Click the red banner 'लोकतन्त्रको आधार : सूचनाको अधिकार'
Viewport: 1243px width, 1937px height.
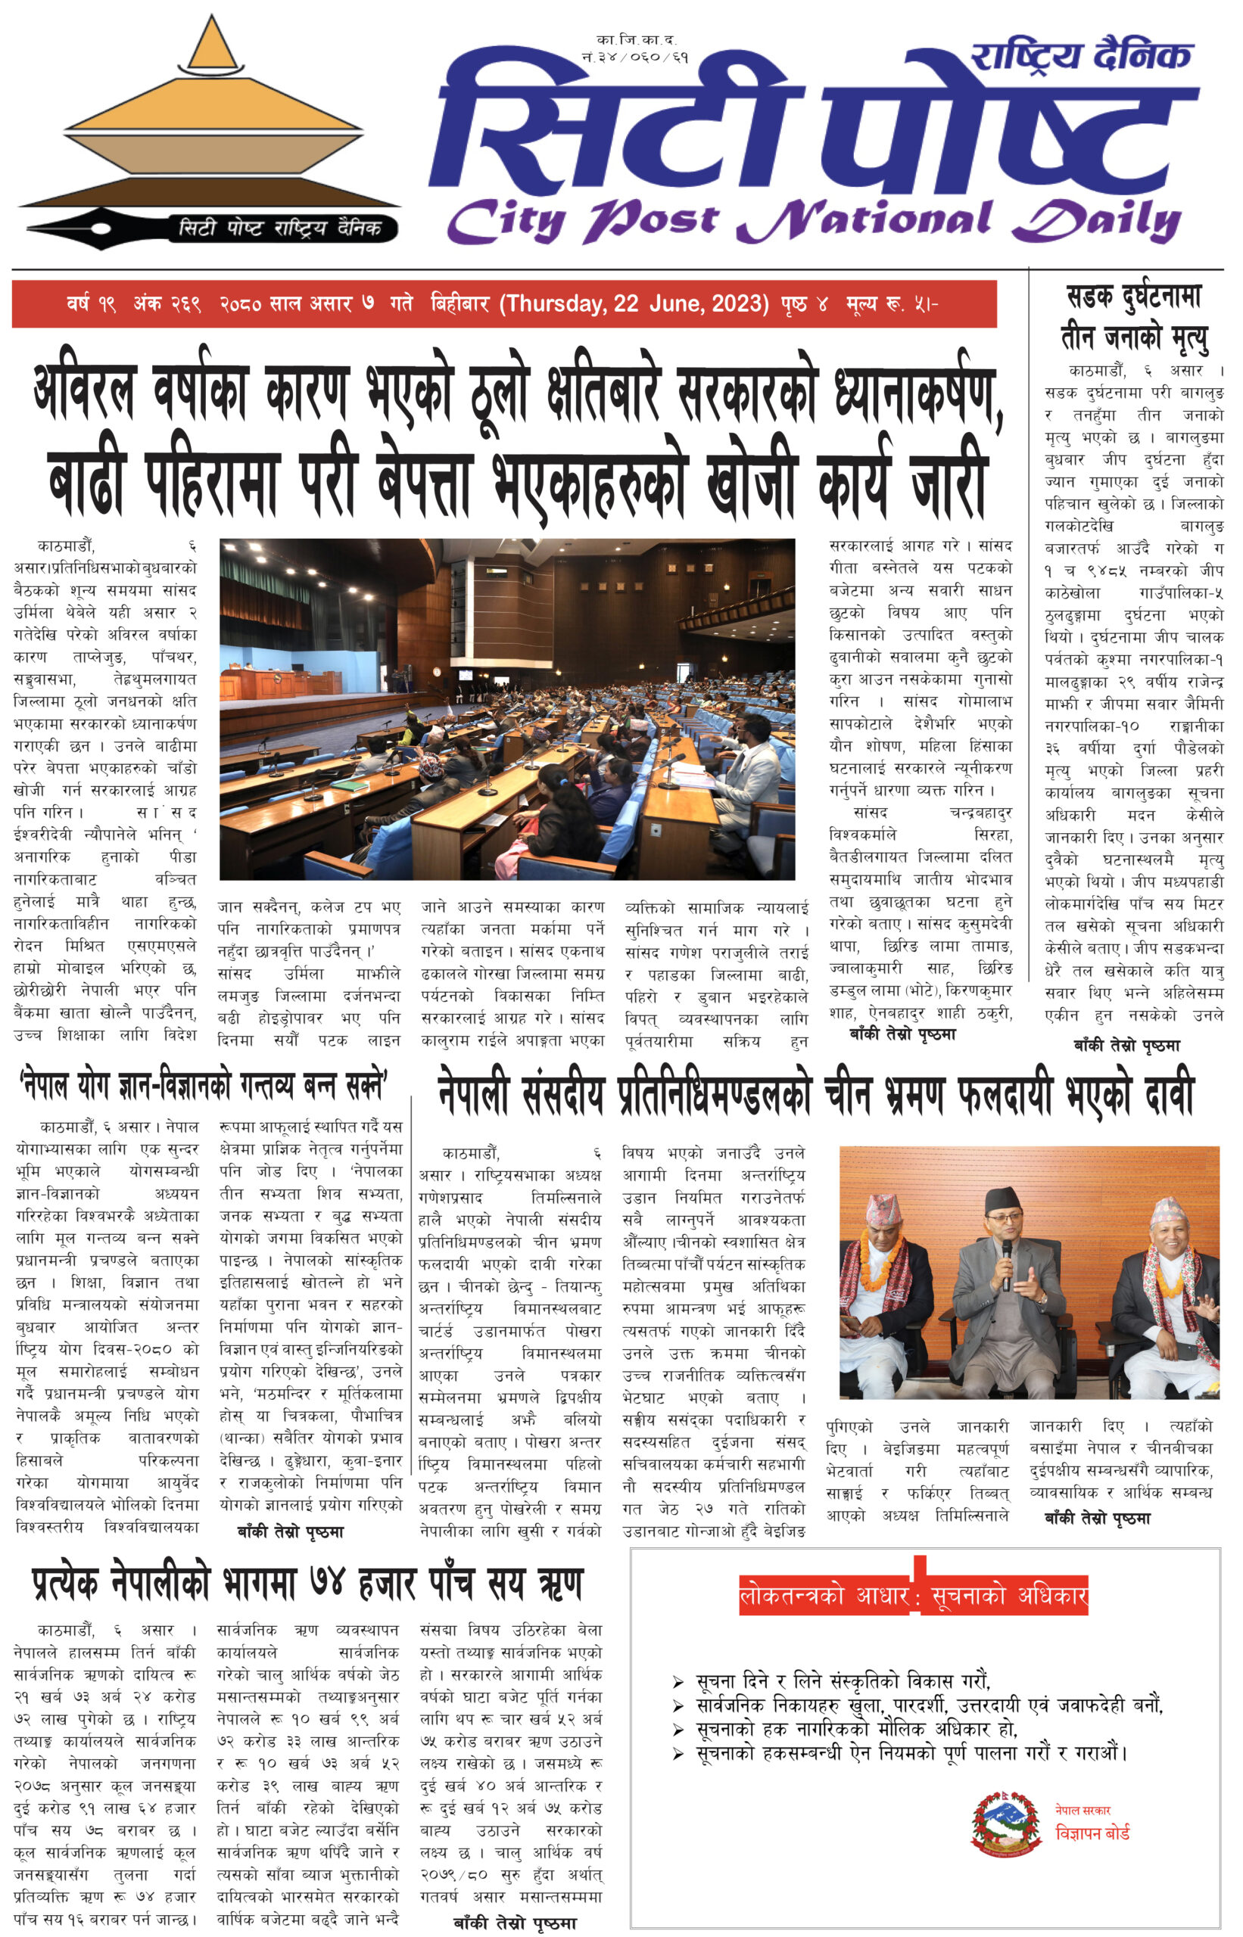[x=913, y=1595]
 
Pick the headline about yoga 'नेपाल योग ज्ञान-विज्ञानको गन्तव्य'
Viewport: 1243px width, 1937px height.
[x=204, y=1087]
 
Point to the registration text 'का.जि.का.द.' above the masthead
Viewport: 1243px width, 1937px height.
[x=636, y=39]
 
